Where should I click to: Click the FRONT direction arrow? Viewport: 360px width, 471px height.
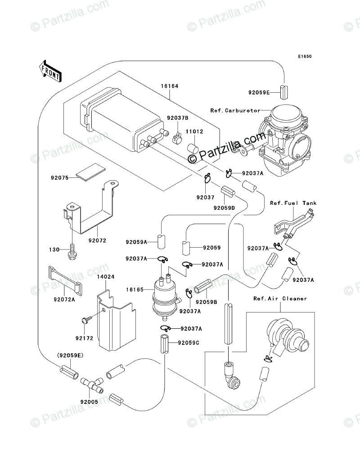49,70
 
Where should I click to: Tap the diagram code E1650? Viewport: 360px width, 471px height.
304,57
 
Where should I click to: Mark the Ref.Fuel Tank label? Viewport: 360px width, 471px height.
293,203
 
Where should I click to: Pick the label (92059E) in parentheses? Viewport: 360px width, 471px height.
70,355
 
